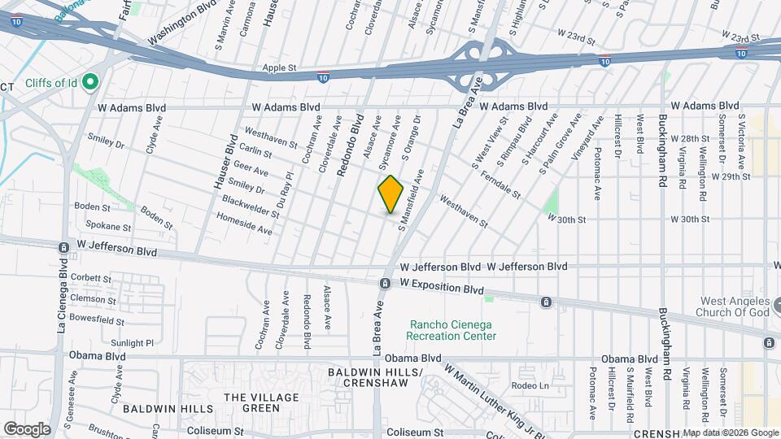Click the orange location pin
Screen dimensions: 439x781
[391, 193]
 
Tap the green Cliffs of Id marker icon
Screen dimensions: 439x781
[90, 81]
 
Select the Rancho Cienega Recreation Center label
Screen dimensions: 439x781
[451, 330]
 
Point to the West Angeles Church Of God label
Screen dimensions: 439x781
[735, 306]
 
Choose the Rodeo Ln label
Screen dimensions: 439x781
[530, 385]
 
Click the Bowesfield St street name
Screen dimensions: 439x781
[97, 320]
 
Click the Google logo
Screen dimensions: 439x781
[27, 428]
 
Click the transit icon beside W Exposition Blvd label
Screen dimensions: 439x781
[384, 283]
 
